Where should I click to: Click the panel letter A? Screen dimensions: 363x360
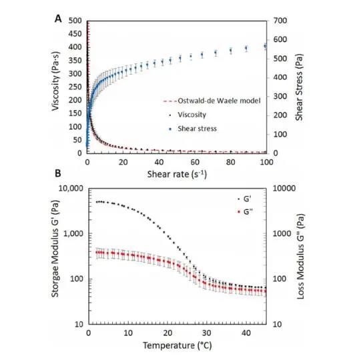click(58, 19)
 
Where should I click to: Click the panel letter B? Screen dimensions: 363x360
click(57, 173)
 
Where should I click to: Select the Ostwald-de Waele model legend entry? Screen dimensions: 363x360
click(212, 101)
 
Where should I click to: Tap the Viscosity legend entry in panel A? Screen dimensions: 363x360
click(188, 115)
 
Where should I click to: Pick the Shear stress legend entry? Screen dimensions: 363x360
click(193, 129)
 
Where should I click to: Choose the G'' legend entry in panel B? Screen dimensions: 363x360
click(246, 212)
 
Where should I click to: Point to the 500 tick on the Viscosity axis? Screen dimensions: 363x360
click(75, 21)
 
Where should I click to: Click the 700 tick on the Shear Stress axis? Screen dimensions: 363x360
click(280, 21)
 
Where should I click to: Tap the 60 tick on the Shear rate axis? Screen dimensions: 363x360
click(195, 162)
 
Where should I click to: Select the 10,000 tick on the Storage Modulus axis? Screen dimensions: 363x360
click(71, 189)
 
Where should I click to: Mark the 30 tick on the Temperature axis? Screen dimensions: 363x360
click(207, 333)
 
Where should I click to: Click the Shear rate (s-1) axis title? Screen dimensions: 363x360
click(177, 174)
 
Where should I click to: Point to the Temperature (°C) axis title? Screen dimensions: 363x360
click(177, 345)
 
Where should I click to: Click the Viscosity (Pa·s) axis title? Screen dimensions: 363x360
click(55, 81)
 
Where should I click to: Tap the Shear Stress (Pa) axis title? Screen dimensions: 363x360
click(300, 87)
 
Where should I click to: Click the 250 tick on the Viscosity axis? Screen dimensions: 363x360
click(75, 87)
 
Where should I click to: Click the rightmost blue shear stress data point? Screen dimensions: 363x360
click(266, 46)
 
